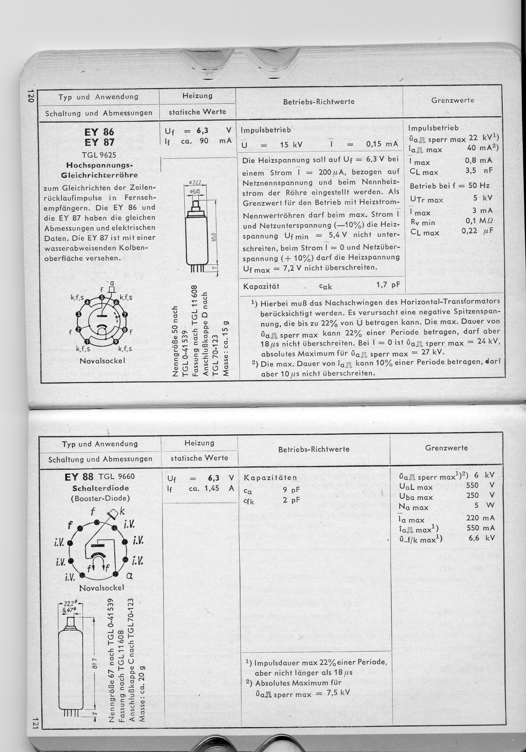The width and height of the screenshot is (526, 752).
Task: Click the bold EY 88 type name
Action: (x=79, y=477)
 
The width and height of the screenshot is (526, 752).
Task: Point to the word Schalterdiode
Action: (x=100, y=488)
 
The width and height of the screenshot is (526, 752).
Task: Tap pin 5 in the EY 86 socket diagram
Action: (x=102, y=297)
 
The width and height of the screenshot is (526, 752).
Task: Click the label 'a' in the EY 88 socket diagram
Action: (x=129, y=576)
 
